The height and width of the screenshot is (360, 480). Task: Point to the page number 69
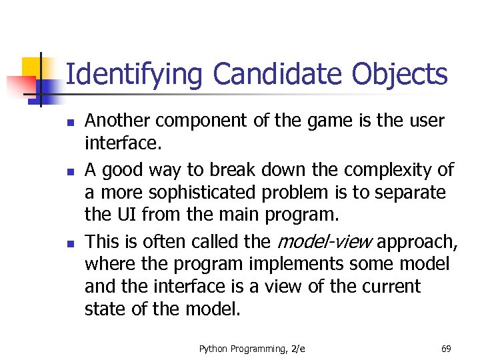tap(446, 348)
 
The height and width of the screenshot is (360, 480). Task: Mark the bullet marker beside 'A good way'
tap(69, 172)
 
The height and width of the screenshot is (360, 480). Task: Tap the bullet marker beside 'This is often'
tap(69, 243)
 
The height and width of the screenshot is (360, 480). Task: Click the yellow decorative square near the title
tap(32, 66)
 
